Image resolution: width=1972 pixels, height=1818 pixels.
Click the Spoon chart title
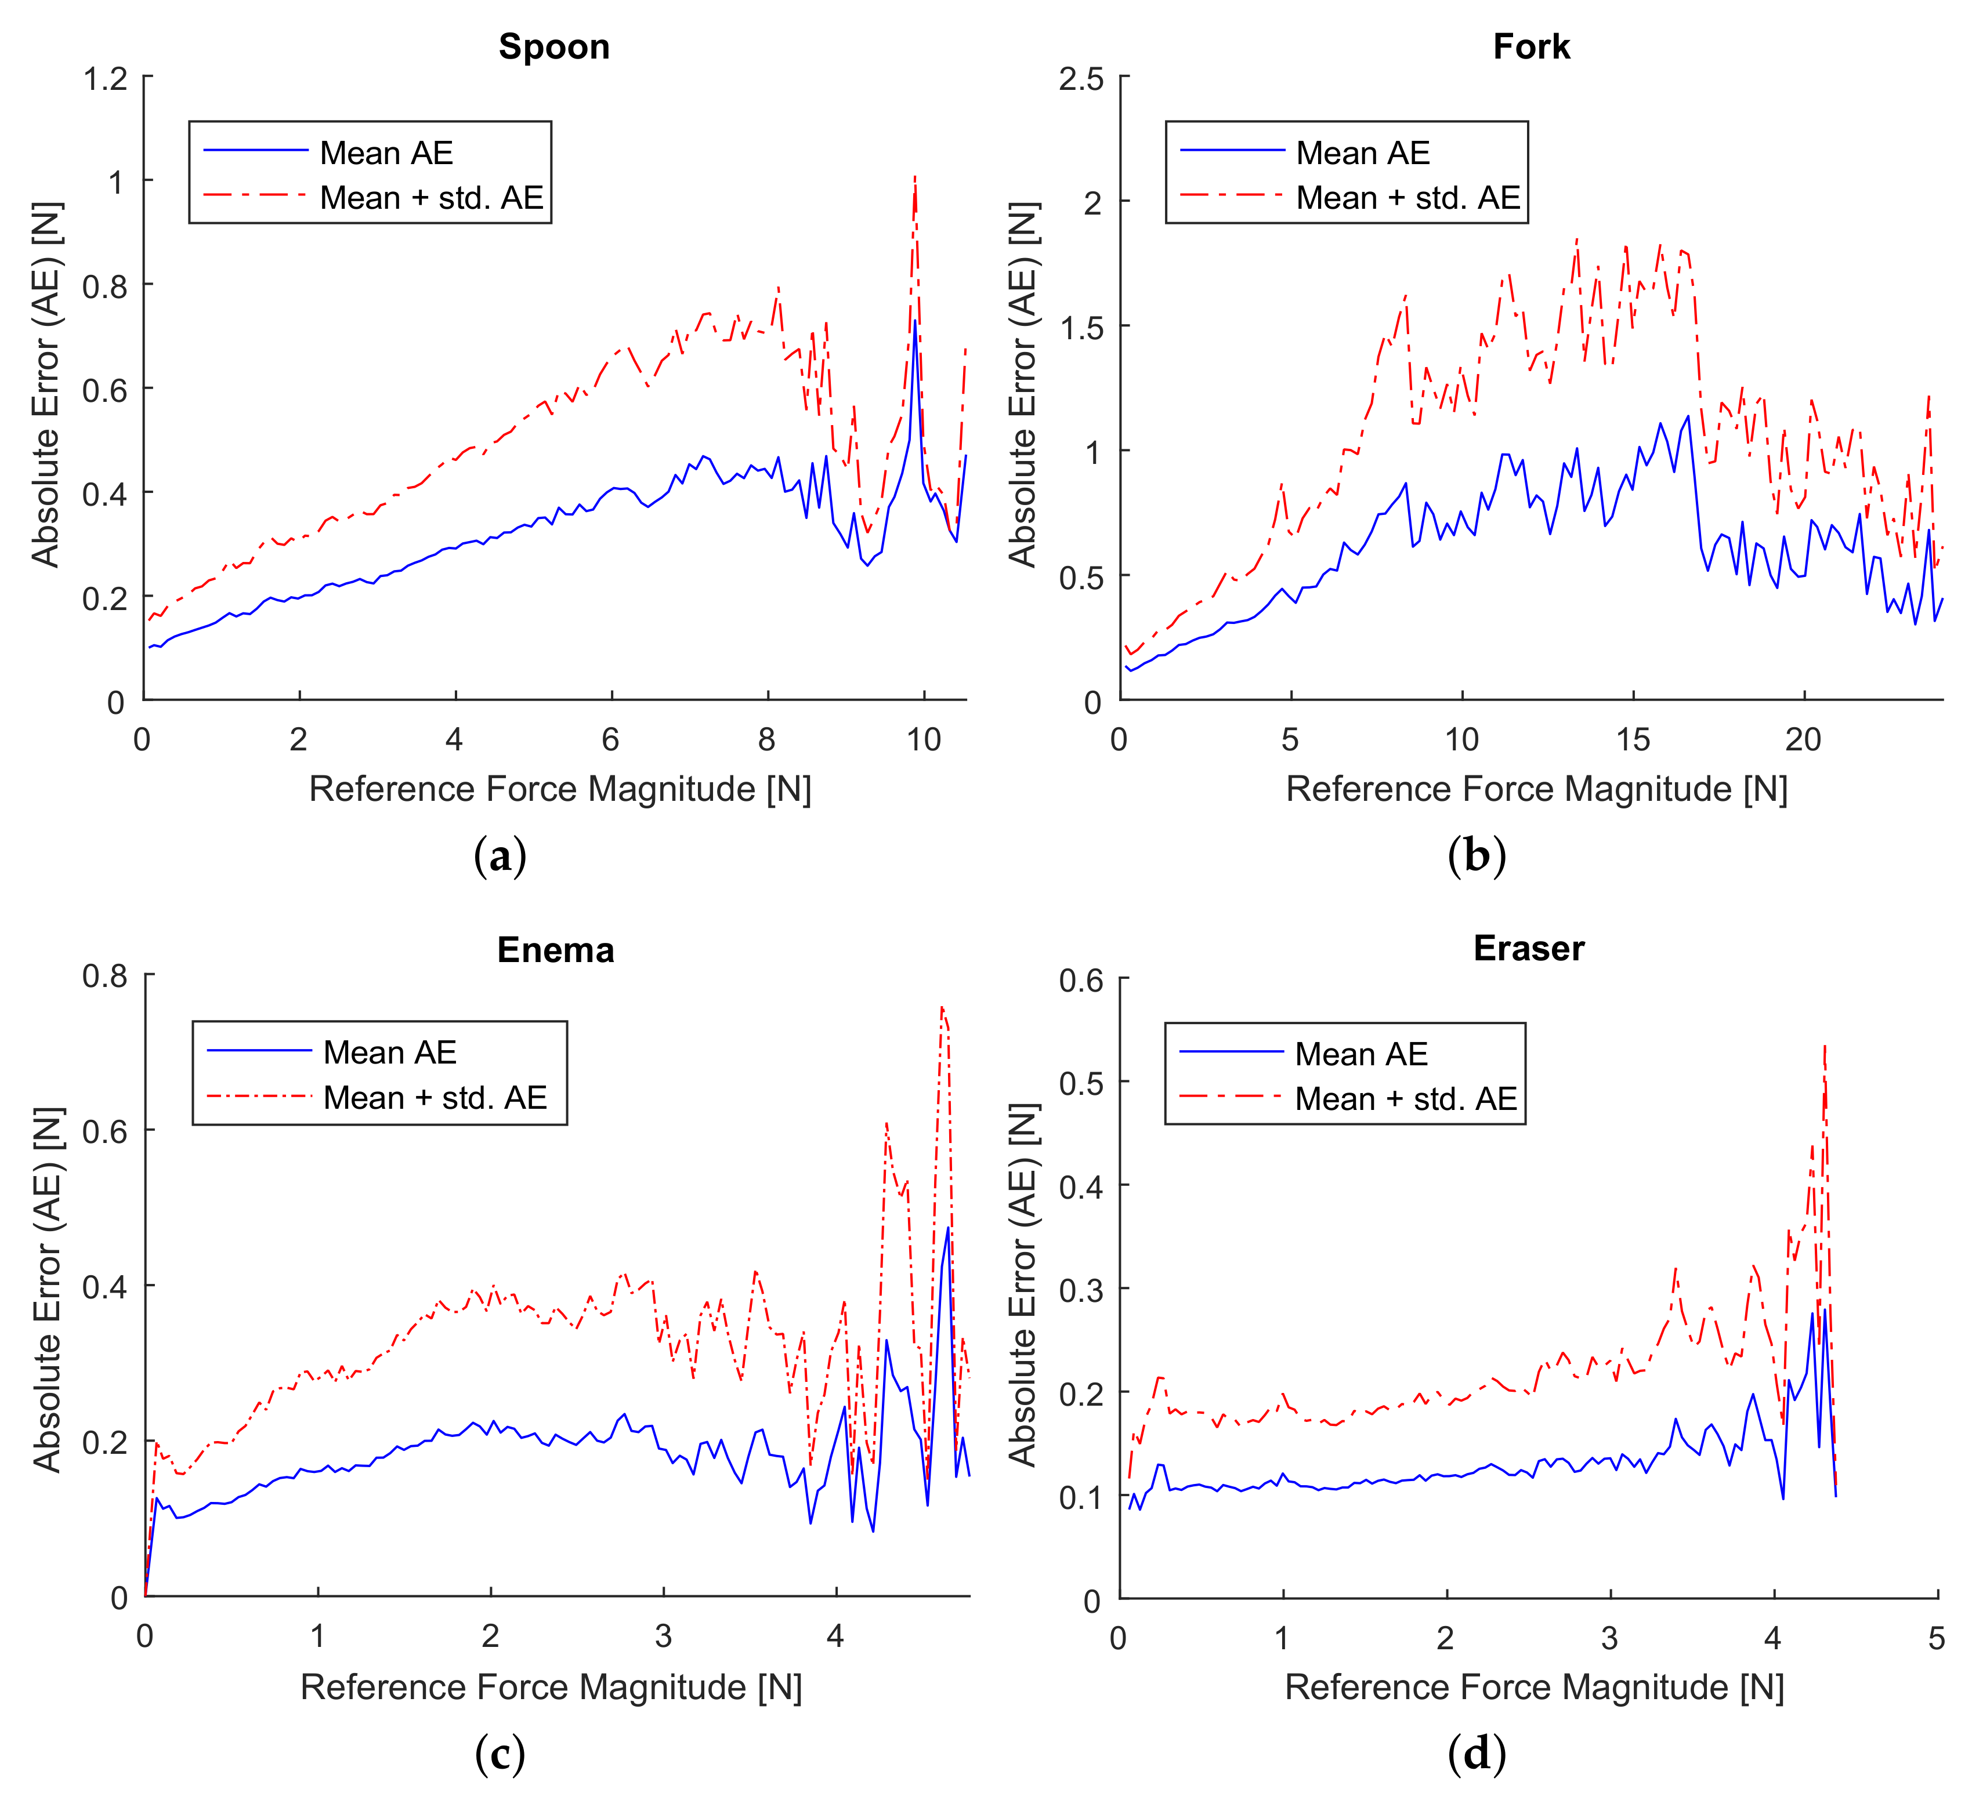[x=554, y=46]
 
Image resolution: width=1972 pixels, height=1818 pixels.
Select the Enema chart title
[x=555, y=949]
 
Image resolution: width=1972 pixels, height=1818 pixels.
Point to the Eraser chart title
[x=1528, y=948]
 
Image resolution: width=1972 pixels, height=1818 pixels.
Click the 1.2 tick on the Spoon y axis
[x=105, y=78]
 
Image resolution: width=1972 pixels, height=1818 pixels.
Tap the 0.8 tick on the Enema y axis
[x=105, y=976]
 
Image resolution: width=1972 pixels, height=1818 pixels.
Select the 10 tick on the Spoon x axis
[x=923, y=740]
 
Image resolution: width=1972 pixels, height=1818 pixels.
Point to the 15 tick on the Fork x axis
[x=1633, y=740]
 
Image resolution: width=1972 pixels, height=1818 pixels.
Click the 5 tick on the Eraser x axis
[x=1935, y=1638]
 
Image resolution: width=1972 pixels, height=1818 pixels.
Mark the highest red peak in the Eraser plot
[x=1823, y=1048]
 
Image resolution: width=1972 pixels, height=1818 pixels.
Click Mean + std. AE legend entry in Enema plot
[x=435, y=1097]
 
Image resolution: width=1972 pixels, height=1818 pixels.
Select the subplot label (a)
[x=500, y=856]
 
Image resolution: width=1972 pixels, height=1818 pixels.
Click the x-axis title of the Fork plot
[x=1535, y=789]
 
